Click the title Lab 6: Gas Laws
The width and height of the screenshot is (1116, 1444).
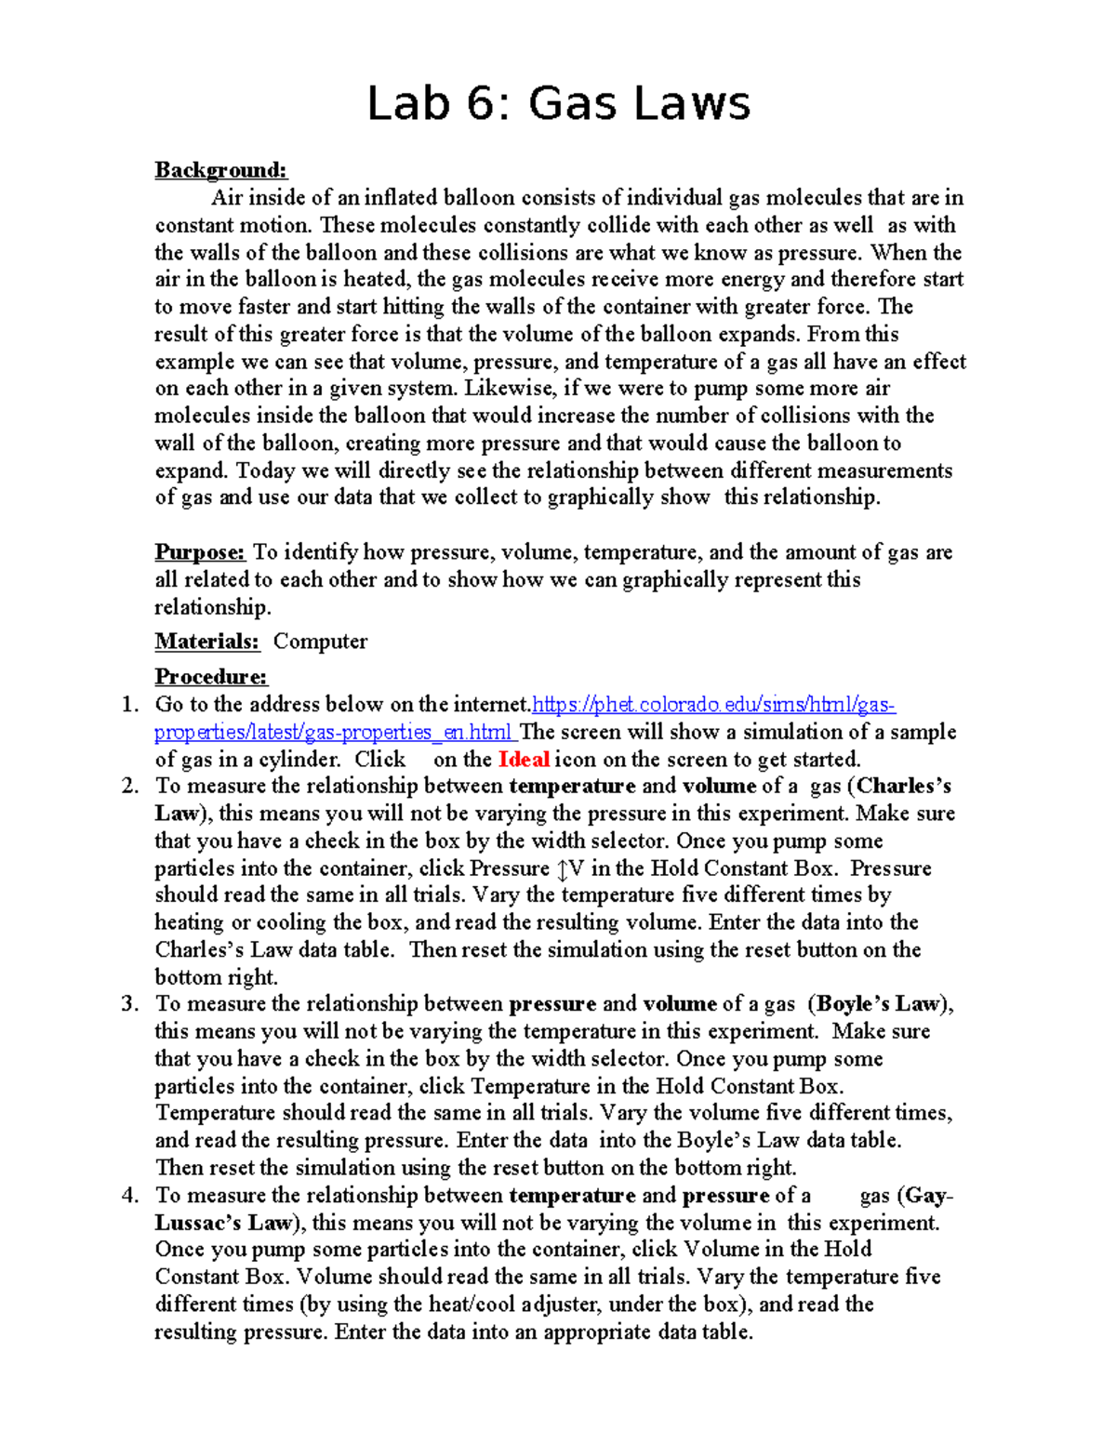tap(558, 103)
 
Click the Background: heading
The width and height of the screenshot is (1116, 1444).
tap(220, 170)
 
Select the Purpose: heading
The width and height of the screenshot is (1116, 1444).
tap(199, 552)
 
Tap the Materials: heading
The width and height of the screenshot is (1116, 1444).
tap(206, 642)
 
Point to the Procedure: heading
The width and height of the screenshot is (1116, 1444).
tap(210, 677)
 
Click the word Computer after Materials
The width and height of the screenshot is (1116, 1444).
tap(320, 642)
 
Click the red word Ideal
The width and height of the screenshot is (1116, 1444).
tap(524, 760)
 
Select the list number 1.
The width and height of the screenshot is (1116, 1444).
tap(130, 705)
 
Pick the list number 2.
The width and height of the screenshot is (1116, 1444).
tap(130, 787)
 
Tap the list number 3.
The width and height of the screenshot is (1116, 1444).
tap(130, 1004)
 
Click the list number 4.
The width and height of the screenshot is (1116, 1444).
tap(130, 1196)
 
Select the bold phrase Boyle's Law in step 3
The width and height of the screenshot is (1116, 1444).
tap(879, 1004)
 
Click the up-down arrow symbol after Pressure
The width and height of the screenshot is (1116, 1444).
tap(562, 869)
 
